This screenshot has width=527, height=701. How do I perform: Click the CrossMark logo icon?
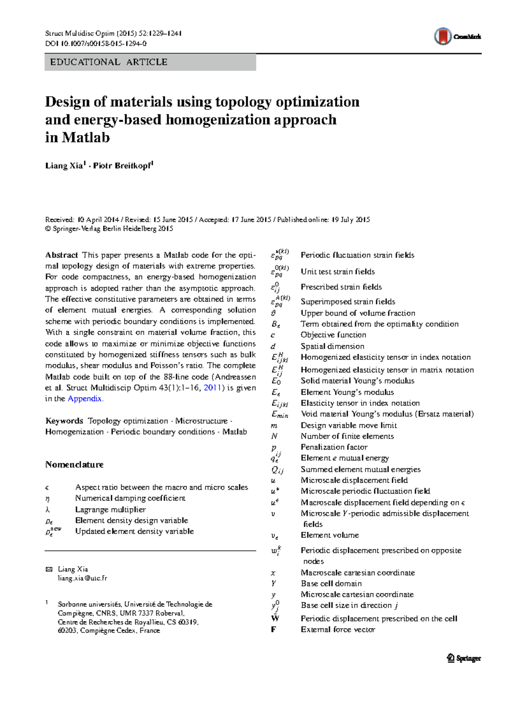[x=443, y=36]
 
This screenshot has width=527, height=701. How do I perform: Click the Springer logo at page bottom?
[x=464, y=658]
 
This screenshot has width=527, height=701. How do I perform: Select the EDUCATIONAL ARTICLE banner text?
[x=108, y=62]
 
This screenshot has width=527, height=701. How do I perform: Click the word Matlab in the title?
[x=86, y=138]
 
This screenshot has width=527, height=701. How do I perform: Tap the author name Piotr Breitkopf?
[x=123, y=166]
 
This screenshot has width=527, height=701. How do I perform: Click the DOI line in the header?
[x=96, y=44]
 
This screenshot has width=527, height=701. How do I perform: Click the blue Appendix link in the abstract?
[x=85, y=399]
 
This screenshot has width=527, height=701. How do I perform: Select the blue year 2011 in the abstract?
[x=213, y=388]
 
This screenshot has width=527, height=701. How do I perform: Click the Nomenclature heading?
[x=74, y=465]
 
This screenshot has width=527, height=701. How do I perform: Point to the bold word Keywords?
[x=64, y=421]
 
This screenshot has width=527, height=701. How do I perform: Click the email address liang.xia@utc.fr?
[x=83, y=578]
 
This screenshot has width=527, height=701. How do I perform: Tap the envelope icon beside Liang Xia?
[x=49, y=569]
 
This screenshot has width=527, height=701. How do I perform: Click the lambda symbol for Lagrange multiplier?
[x=47, y=510]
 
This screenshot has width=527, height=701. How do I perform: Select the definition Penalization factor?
[x=334, y=447]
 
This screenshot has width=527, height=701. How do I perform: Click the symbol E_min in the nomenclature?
[x=279, y=414]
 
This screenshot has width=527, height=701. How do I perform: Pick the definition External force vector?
[x=338, y=629]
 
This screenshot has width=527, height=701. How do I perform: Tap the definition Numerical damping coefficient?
[x=130, y=498]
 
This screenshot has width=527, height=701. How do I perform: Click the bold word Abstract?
[x=61, y=255]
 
